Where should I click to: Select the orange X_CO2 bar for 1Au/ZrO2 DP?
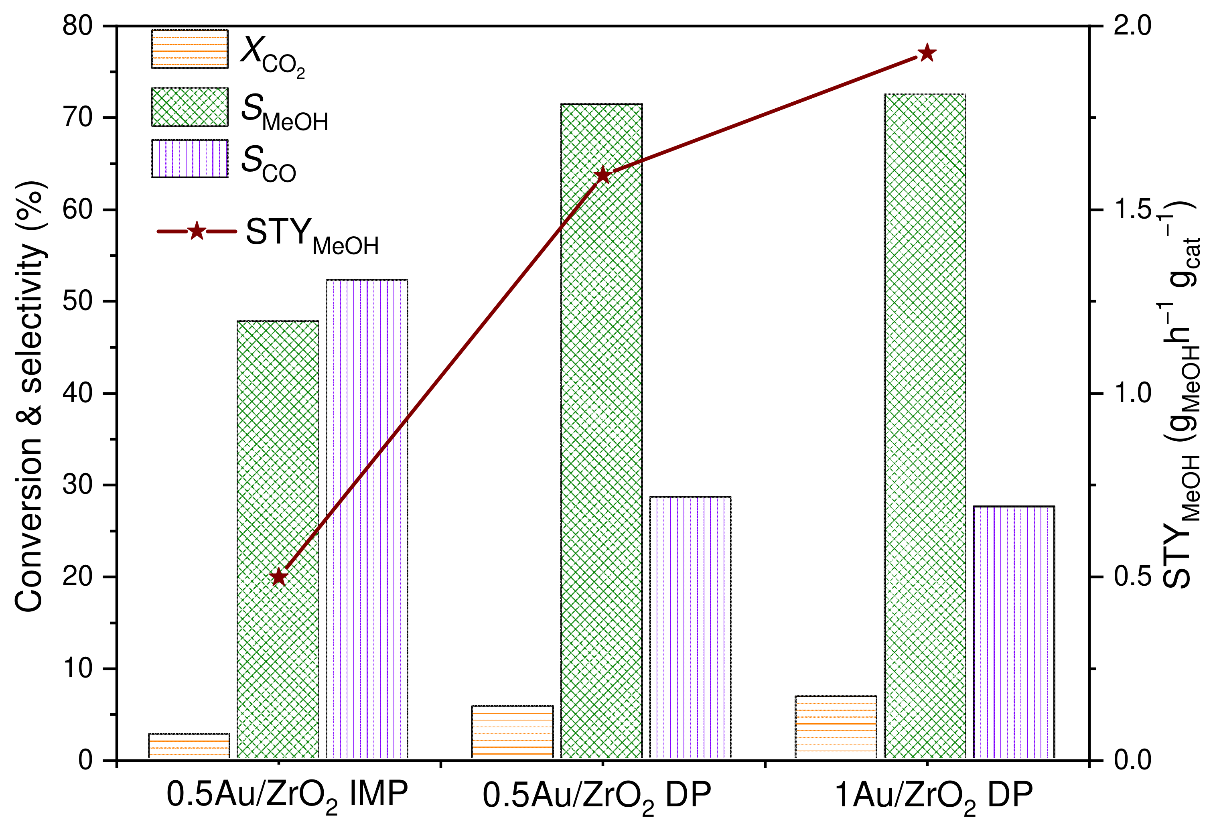pyautogui.click(x=836, y=727)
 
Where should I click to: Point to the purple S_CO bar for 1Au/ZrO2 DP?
pyautogui.click(x=1014, y=632)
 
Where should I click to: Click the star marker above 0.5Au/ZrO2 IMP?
pyautogui.click(x=279, y=577)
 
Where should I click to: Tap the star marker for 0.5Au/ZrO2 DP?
pyautogui.click(x=603, y=175)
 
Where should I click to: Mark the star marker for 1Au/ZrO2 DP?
pyautogui.click(x=927, y=53)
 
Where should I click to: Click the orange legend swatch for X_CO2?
pyautogui.click(x=189, y=49)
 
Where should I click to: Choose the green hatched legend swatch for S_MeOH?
pyautogui.click(x=189, y=106)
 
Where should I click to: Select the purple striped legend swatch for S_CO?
pyautogui.click(x=189, y=158)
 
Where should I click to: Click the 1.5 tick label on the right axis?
pyautogui.click(x=1132, y=209)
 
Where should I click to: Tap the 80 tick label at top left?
pyautogui.click(x=78, y=26)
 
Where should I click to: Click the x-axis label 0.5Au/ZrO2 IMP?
pyautogui.click(x=287, y=797)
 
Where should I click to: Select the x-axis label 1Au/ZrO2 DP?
pyautogui.click(x=934, y=797)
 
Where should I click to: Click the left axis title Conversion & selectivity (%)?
pyautogui.click(x=30, y=397)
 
